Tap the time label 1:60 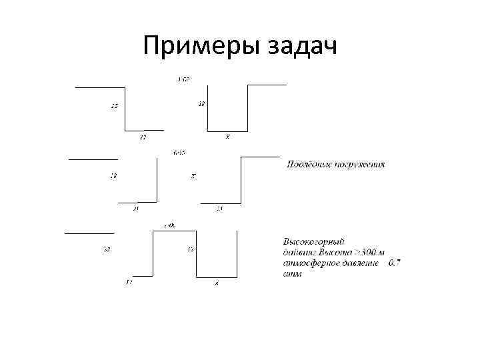(x=183, y=80)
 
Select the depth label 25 (x=115, y=106)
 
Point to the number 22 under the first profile (x=143, y=137)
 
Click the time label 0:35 (x=179, y=152)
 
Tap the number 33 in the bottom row (x=107, y=250)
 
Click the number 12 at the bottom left (x=129, y=282)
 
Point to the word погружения (x=362, y=164)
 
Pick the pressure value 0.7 (x=394, y=263)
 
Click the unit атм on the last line (x=292, y=273)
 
